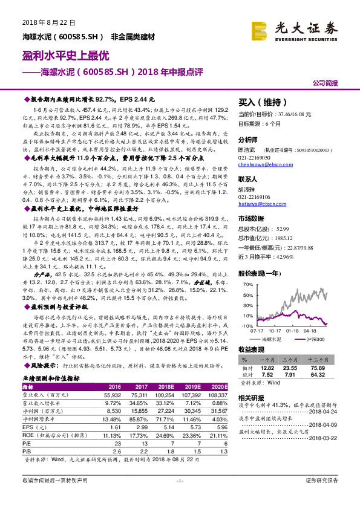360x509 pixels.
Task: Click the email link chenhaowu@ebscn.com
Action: (x=264, y=164)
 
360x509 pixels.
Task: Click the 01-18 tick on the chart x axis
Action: (x=293, y=331)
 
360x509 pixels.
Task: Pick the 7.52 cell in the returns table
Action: (x=269, y=375)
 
